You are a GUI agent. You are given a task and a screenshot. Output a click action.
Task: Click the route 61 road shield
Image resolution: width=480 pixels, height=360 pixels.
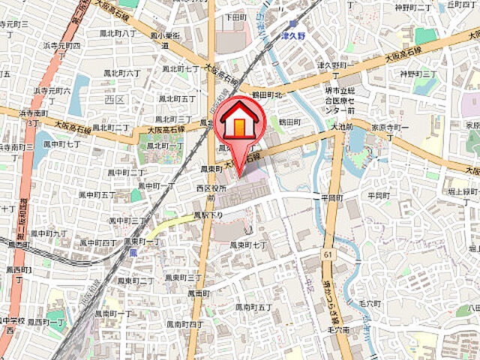328,256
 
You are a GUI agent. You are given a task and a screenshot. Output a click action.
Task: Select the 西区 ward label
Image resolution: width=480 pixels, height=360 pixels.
115,98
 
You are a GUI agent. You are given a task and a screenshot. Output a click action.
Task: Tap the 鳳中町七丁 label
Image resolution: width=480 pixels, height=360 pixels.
62,143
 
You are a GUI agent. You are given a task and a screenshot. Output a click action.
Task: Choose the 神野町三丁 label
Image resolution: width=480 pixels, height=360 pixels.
418,73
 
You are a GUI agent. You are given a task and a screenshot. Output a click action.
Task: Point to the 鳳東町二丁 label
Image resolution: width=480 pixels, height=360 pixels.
136,280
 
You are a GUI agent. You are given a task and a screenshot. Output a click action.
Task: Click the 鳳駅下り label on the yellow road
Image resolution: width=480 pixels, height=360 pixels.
208,215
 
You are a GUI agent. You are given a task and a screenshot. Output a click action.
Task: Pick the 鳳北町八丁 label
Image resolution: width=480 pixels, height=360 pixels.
118,34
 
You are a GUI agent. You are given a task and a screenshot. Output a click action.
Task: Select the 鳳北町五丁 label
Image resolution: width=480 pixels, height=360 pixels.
177,98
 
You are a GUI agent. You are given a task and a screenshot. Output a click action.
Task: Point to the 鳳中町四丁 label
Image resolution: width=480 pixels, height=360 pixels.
98,243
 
